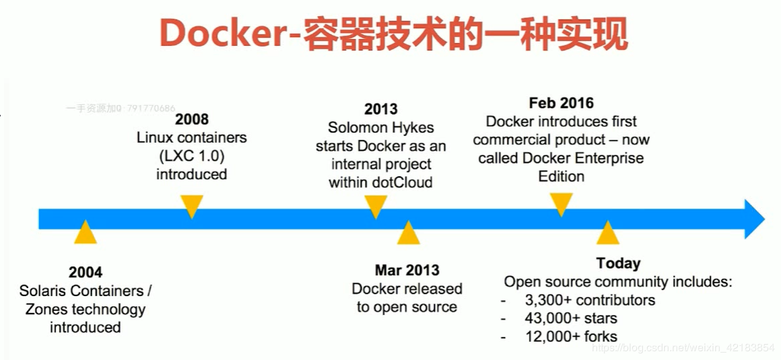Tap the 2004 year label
pyautogui.click(x=86, y=273)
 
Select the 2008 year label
pyautogui.click(x=192, y=120)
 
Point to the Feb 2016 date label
pyautogui.click(x=561, y=103)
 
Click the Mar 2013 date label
pyautogui.click(x=407, y=271)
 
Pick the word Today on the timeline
pyautogui.click(x=618, y=263)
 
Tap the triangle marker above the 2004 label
pyautogui.click(x=86, y=233)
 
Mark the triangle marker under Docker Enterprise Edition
pyautogui.click(x=561, y=204)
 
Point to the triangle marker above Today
pyautogui.click(x=607, y=233)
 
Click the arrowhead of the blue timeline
pyautogui.click(x=753, y=219)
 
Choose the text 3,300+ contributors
pyautogui.click(x=590, y=300)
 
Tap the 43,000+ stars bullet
pyautogui.click(x=571, y=318)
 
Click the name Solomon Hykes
pyautogui.click(x=380, y=128)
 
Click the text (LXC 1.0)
pyautogui.click(x=192, y=156)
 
